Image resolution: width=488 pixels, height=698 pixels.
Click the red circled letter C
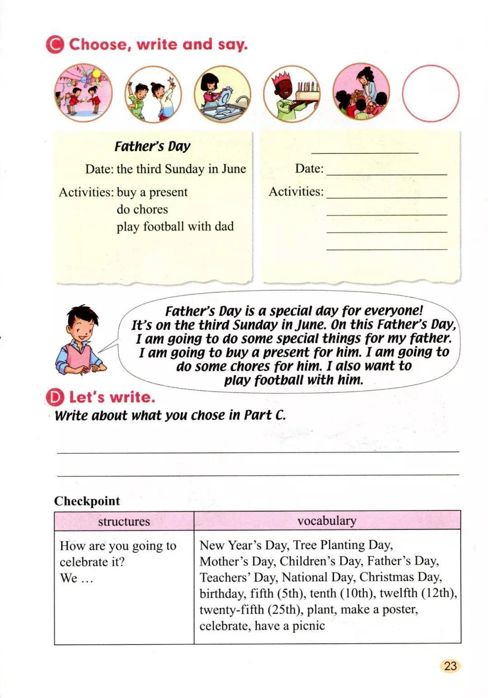(55, 45)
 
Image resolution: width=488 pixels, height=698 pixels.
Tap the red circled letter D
(55, 398)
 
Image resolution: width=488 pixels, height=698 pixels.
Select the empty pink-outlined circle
(430, 93)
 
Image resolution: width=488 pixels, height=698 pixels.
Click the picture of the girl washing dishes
(222, 94)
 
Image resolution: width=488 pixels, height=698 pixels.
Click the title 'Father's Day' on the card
(152, 146)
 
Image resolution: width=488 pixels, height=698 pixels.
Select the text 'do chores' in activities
(142, 209)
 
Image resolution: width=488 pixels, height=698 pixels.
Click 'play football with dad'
(175, 226)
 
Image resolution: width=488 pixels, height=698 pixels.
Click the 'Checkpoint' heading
(87, 501)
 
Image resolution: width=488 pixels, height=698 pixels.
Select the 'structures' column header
(124, 521)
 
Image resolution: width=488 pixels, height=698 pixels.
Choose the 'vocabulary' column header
(327, 520)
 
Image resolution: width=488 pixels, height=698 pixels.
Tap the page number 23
(450, 666)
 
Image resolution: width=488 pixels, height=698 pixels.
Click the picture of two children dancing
(153, 94)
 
